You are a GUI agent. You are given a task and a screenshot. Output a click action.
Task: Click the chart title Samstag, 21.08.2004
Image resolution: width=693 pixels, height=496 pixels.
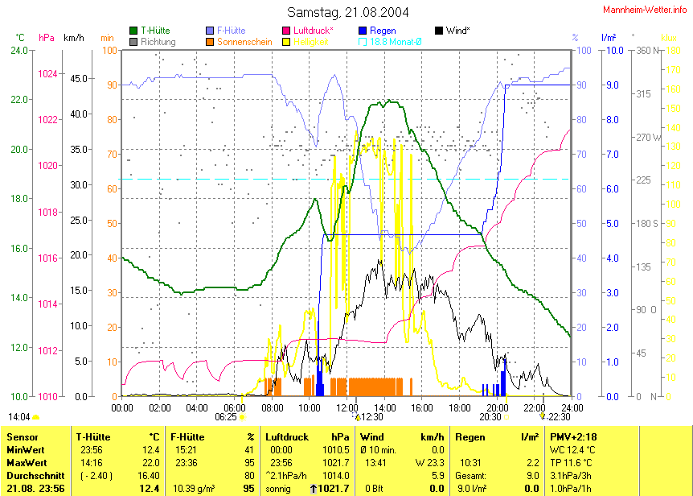[x=347, y=12]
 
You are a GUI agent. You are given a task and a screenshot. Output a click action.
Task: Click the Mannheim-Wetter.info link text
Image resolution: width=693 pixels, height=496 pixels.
[x=645, y=8]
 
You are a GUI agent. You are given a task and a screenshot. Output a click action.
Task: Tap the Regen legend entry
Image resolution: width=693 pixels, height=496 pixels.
[x=383, y=31]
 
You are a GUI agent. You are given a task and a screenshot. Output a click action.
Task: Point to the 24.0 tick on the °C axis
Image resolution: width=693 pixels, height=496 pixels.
[x=18, y=50]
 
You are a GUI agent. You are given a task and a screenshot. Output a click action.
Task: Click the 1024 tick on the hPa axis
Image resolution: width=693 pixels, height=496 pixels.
[x=47, y=73]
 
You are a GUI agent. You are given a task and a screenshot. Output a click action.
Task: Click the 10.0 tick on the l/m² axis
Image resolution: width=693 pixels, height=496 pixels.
[x=613, y=50]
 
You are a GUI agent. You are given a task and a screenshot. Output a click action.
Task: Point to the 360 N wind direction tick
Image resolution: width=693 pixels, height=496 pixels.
[x=647, y=50]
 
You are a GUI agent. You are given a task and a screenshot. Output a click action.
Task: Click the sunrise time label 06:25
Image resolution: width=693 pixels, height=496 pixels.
[x=227, y=417]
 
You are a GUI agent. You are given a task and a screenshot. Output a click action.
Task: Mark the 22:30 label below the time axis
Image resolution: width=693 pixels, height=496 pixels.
[x=559, y=417]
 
